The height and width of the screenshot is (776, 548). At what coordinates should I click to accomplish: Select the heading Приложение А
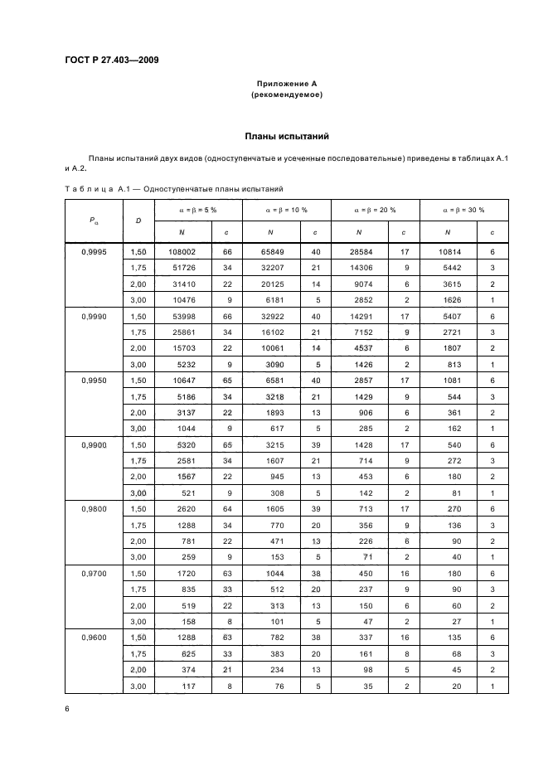pos(286,84)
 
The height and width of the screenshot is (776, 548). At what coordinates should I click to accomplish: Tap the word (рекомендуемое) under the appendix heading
pos(286,95)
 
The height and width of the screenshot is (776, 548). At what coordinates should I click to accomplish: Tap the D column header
pos(138,221)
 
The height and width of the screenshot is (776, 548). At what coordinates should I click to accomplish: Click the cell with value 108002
pos(181,251)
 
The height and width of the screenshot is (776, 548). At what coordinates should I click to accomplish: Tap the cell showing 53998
pos(181,316)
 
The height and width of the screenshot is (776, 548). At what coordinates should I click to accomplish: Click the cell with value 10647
pos(181,381)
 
